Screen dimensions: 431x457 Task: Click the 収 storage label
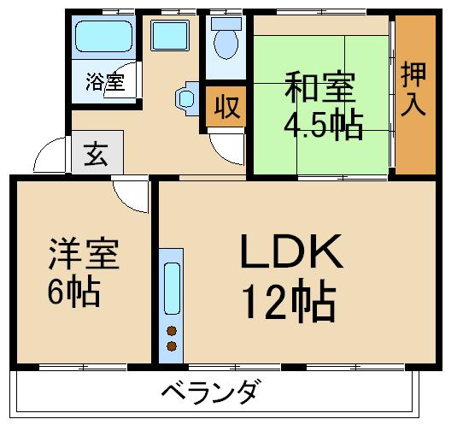point(226,108)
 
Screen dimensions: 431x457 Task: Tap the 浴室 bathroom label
point(105,83)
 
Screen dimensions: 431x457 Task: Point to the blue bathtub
point(103,38)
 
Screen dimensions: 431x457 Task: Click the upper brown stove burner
point(172,331)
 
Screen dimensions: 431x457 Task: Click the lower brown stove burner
point(172,346)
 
